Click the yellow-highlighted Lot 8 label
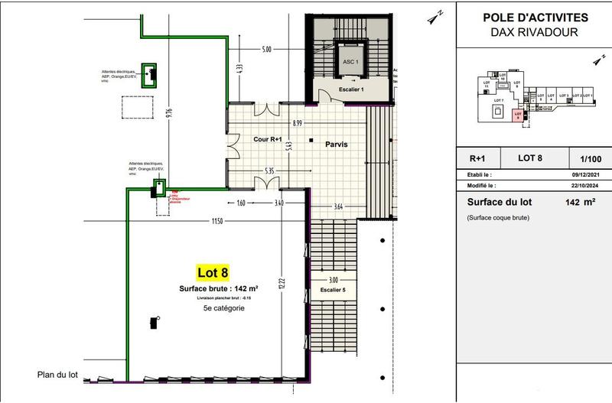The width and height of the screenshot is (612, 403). click(213, 272)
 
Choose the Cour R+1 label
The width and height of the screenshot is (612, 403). click(269, 139)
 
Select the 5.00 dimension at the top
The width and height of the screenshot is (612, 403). click(266, 50)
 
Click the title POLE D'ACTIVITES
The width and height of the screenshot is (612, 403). click(535, 18)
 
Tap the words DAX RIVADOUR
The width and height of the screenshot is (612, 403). click(535, 32)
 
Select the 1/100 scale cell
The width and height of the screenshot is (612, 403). click(590, 158)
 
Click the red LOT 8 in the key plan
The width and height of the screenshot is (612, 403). click(518, 115)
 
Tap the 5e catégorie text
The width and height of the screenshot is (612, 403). click(223, 307)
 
